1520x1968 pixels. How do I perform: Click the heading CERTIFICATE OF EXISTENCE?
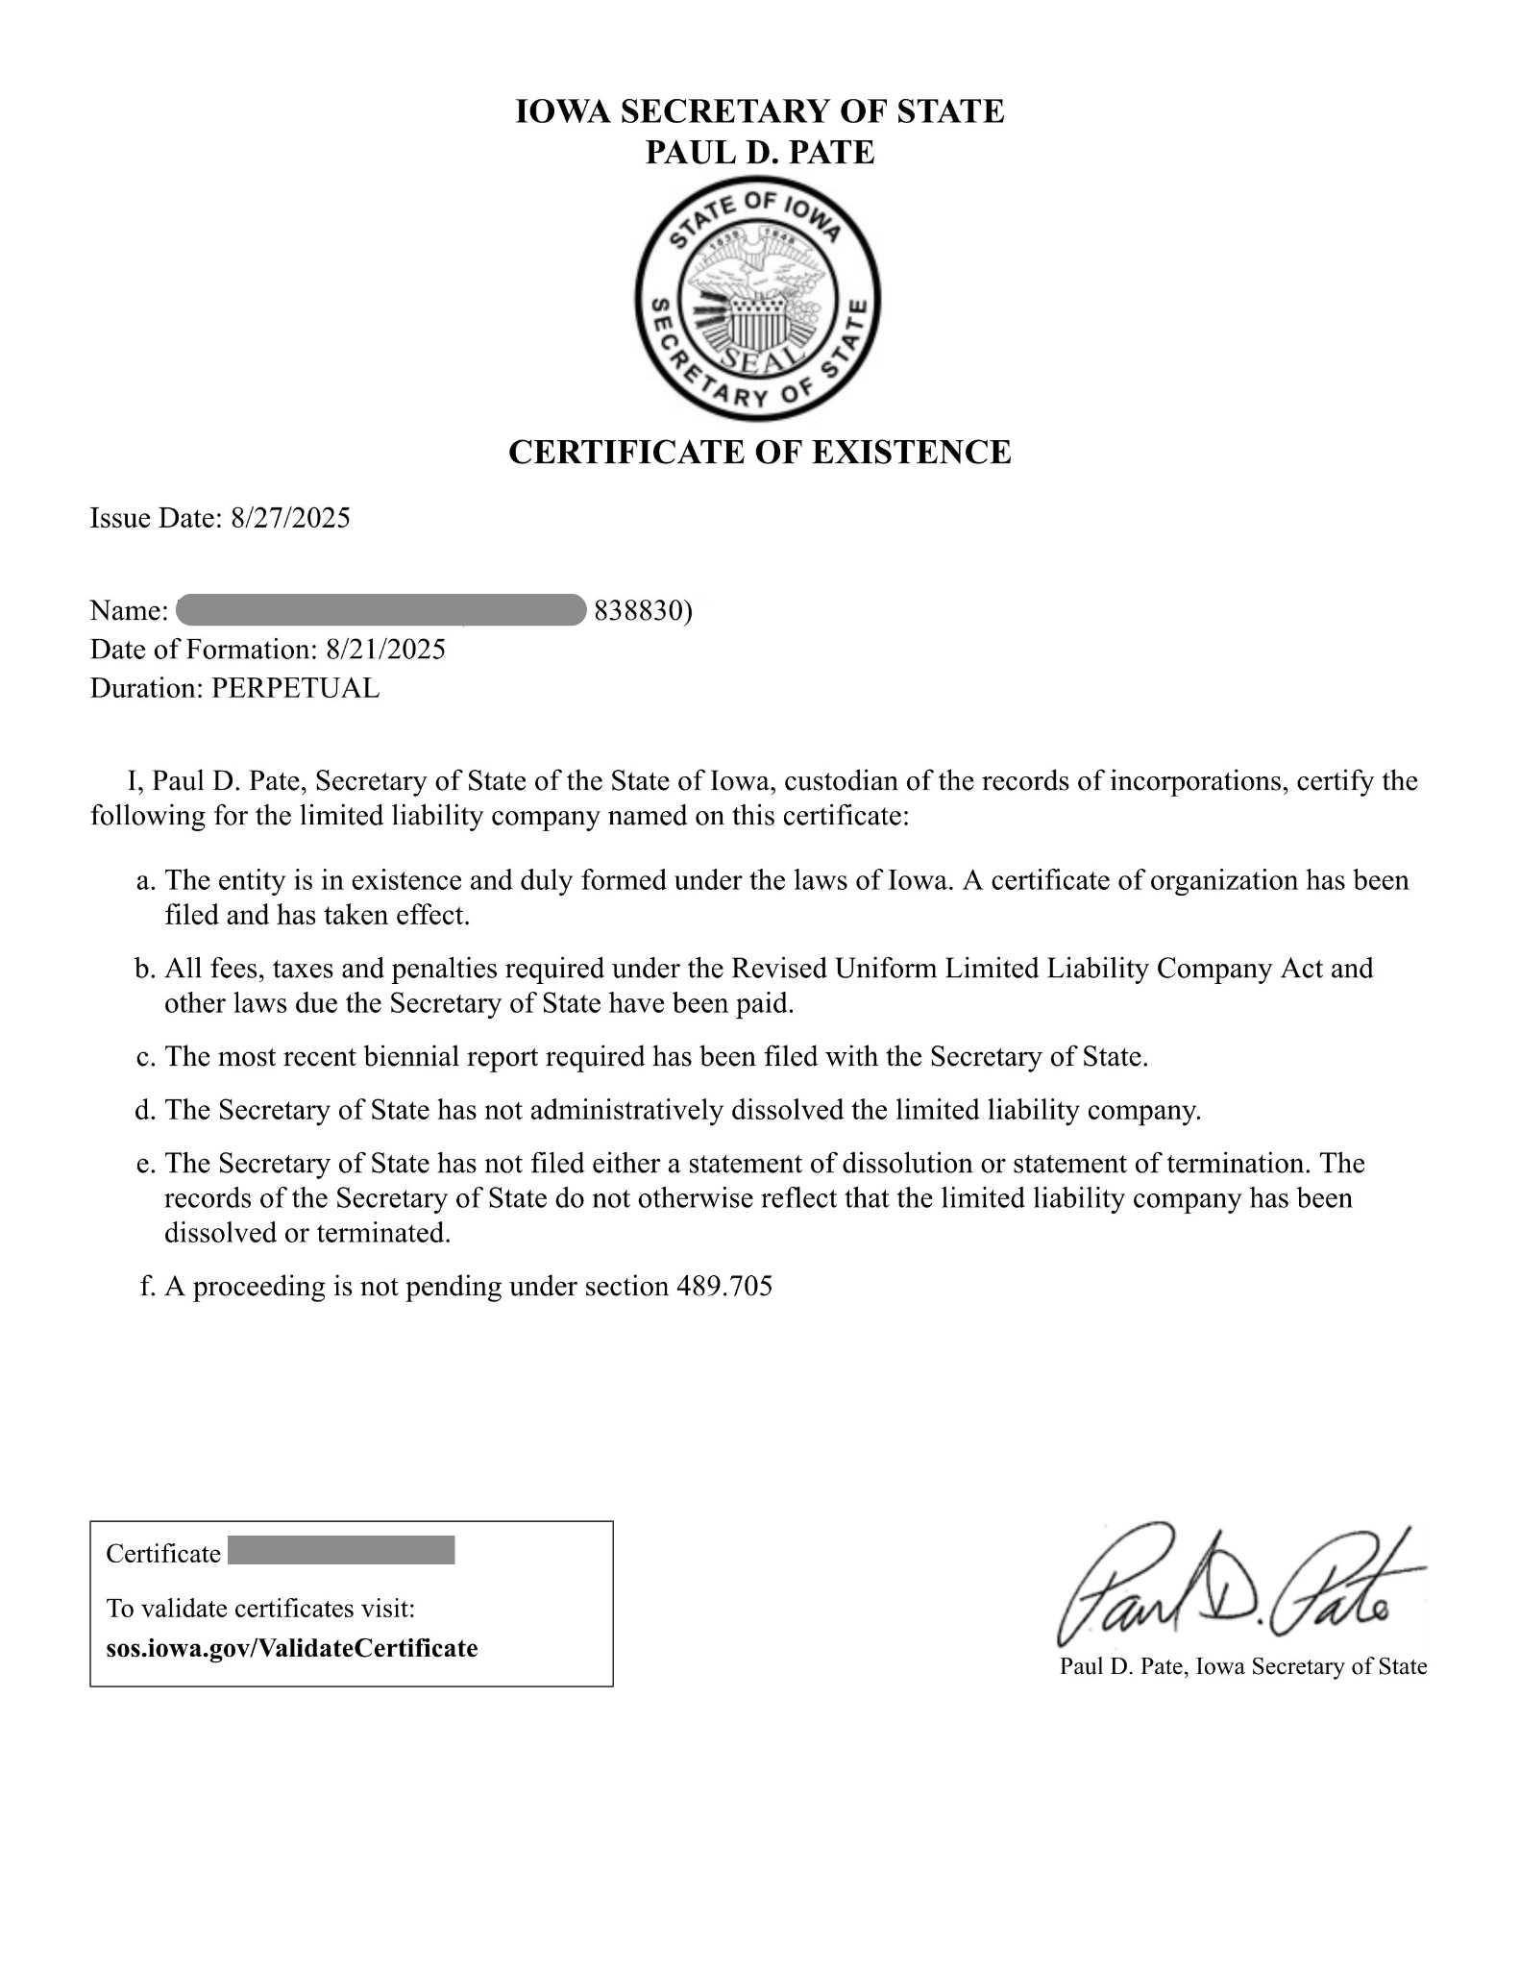pyautogui.click(x=759, y=452)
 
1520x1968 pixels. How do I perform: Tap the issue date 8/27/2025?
pyautogui.click(x=290, y=519)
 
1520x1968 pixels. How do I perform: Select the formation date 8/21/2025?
pyautogui.click(x=385, y=650)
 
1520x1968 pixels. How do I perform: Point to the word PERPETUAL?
pyautogui.click(x=295, y=688)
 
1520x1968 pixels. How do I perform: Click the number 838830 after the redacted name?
pyautogui.click(x=638, y=611)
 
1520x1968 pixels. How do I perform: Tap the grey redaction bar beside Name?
pyautogui.click(x=381, y=610)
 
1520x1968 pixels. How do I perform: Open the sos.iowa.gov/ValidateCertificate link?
pyautogui.click(x=291, y=1648)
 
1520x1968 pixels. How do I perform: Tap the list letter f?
pyautogui.click(x=147, y=1287)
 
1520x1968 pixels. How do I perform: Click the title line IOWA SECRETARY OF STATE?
pyautogui.click(x=760, y=111)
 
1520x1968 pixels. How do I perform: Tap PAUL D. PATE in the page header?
pyautogui.click(x=760, y=152)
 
